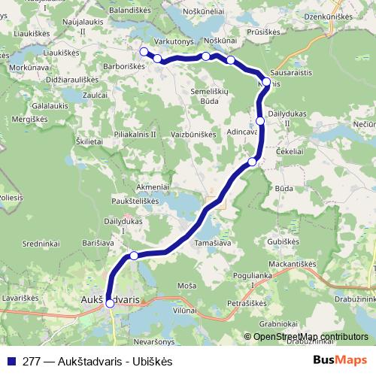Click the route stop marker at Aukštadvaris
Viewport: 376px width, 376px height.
click(110, 303)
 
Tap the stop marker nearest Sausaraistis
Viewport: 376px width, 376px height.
click(266, 82)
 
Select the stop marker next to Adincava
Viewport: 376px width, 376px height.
click(260, 120)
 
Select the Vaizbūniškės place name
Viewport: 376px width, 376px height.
click(197, 133)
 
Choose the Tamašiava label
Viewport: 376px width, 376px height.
click(214, 242)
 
